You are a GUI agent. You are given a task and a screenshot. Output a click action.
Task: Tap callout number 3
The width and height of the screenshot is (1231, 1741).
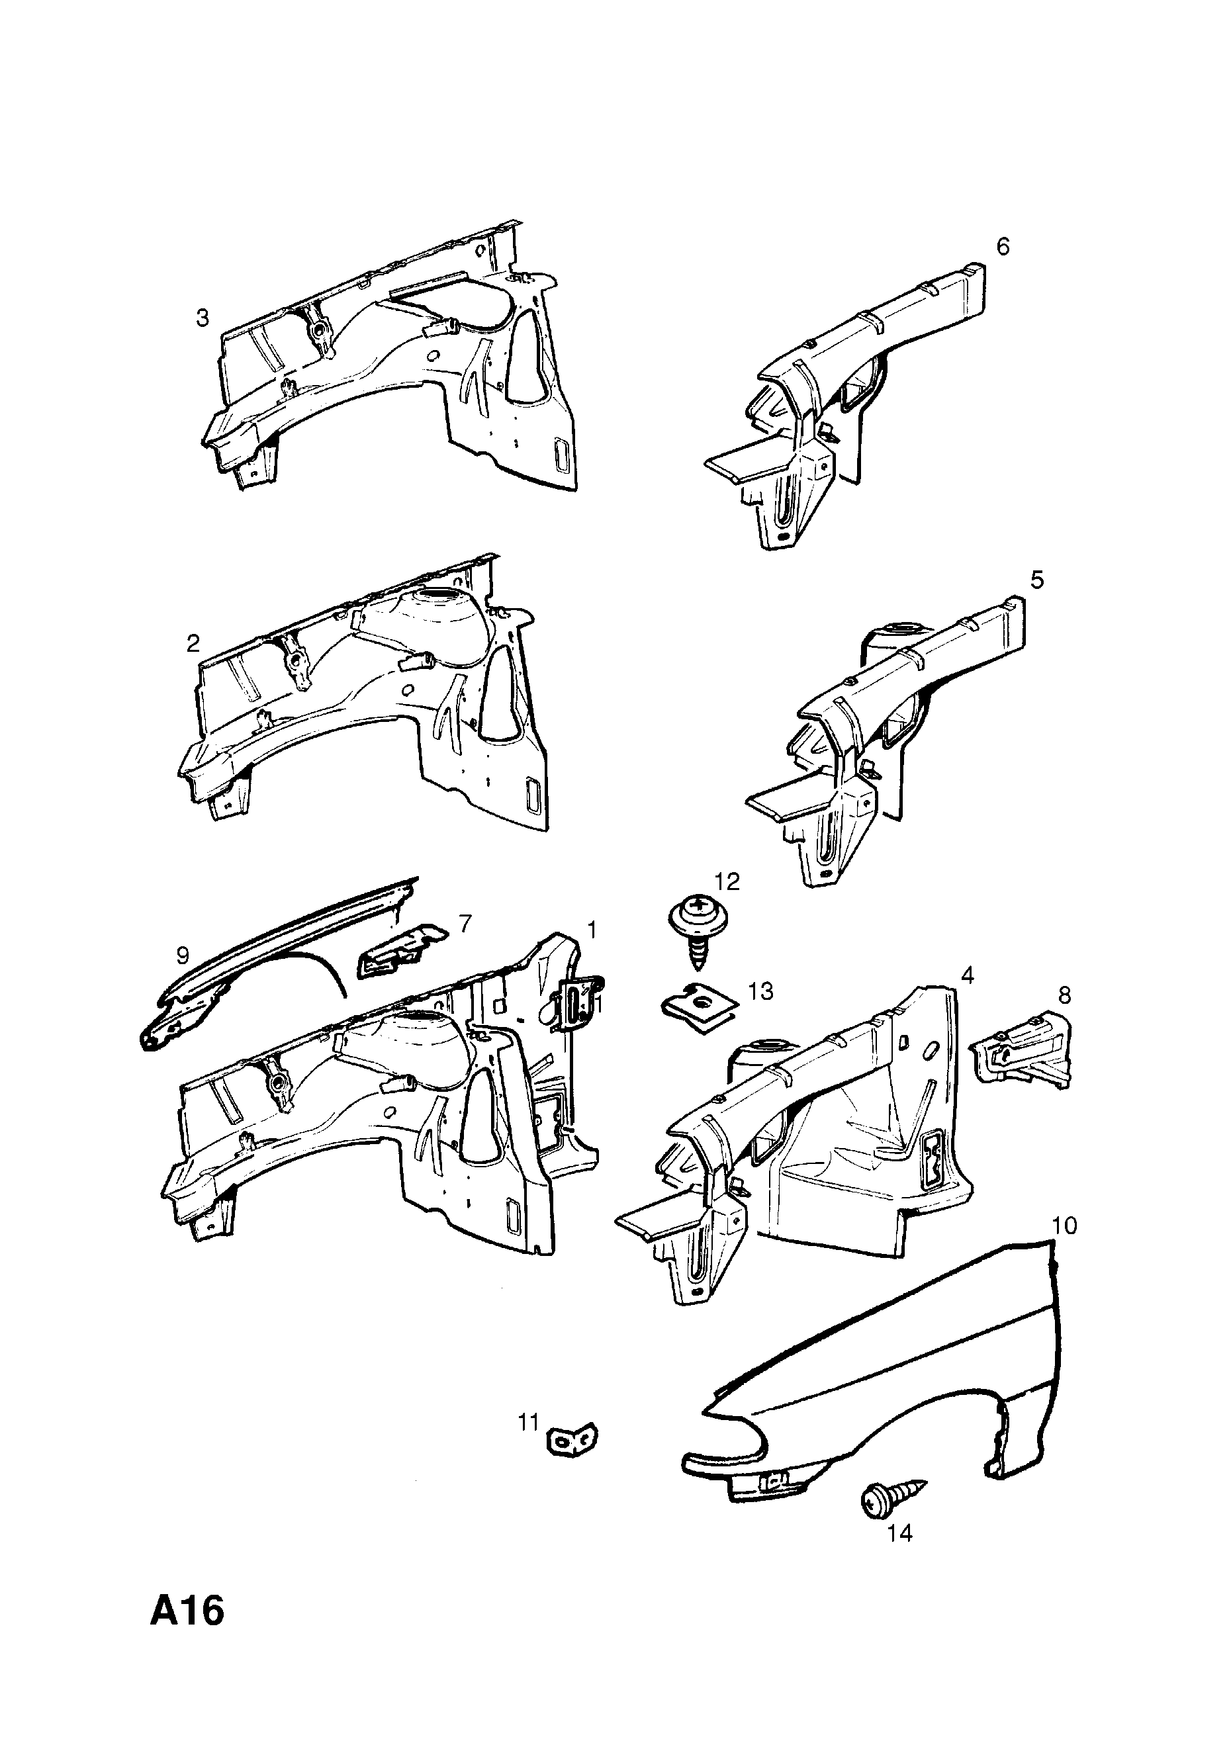(x=202, y=318)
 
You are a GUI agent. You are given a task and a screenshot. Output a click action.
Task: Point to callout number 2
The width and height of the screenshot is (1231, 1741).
(x=193, y=644)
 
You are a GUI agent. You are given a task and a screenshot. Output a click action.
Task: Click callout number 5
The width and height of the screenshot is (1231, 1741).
(x=1037, y=580)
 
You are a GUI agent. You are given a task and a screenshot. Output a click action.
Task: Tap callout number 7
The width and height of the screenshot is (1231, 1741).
(x=465, y=923)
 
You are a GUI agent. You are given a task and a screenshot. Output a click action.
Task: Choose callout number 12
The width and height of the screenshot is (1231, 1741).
(x=727, y=881)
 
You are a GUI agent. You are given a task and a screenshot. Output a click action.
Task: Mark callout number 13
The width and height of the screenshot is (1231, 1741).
(x=760, y=991)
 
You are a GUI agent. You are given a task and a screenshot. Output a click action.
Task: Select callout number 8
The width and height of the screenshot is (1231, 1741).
(x=1064, y=996)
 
